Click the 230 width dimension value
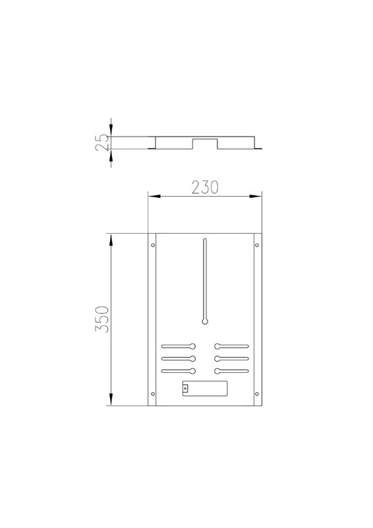pos(205,187)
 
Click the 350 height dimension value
pos(102,319)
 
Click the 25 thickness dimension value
pos(102,142)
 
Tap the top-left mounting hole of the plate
pos(153,245)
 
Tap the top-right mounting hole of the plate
pos(257,245)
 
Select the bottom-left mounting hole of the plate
pos(153,393)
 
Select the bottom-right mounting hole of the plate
pos(257,393)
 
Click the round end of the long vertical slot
pos(205,321)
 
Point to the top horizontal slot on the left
pos(178,346)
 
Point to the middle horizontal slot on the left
pos(178,358)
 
